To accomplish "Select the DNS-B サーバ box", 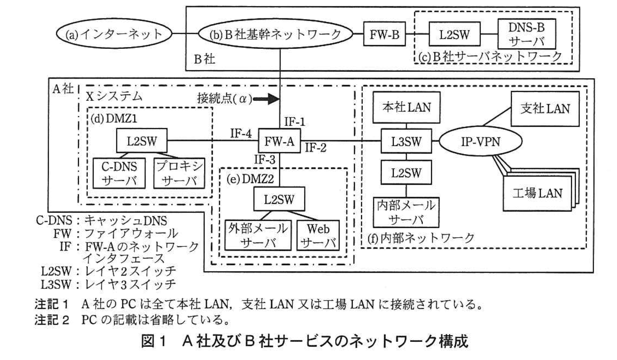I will point(526,34).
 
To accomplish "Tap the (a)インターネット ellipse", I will point(114,34).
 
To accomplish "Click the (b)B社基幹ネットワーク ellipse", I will point(276,34).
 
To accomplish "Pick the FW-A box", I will point(279,141).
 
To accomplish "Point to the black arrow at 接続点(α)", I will point(266,99).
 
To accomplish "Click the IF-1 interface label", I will point(295,121).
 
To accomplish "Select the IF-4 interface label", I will point(241,133).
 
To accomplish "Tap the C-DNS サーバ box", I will point(119,173).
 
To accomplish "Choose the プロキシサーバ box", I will point(179,173).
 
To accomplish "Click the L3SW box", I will point(406,141).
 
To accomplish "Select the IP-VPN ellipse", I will point(480,141).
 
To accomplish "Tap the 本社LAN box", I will point(406,107).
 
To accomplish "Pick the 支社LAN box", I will point(545,109).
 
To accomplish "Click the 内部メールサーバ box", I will point(406,212).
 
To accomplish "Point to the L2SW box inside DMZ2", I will point(279,200).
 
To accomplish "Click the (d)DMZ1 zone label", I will point(114,119).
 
